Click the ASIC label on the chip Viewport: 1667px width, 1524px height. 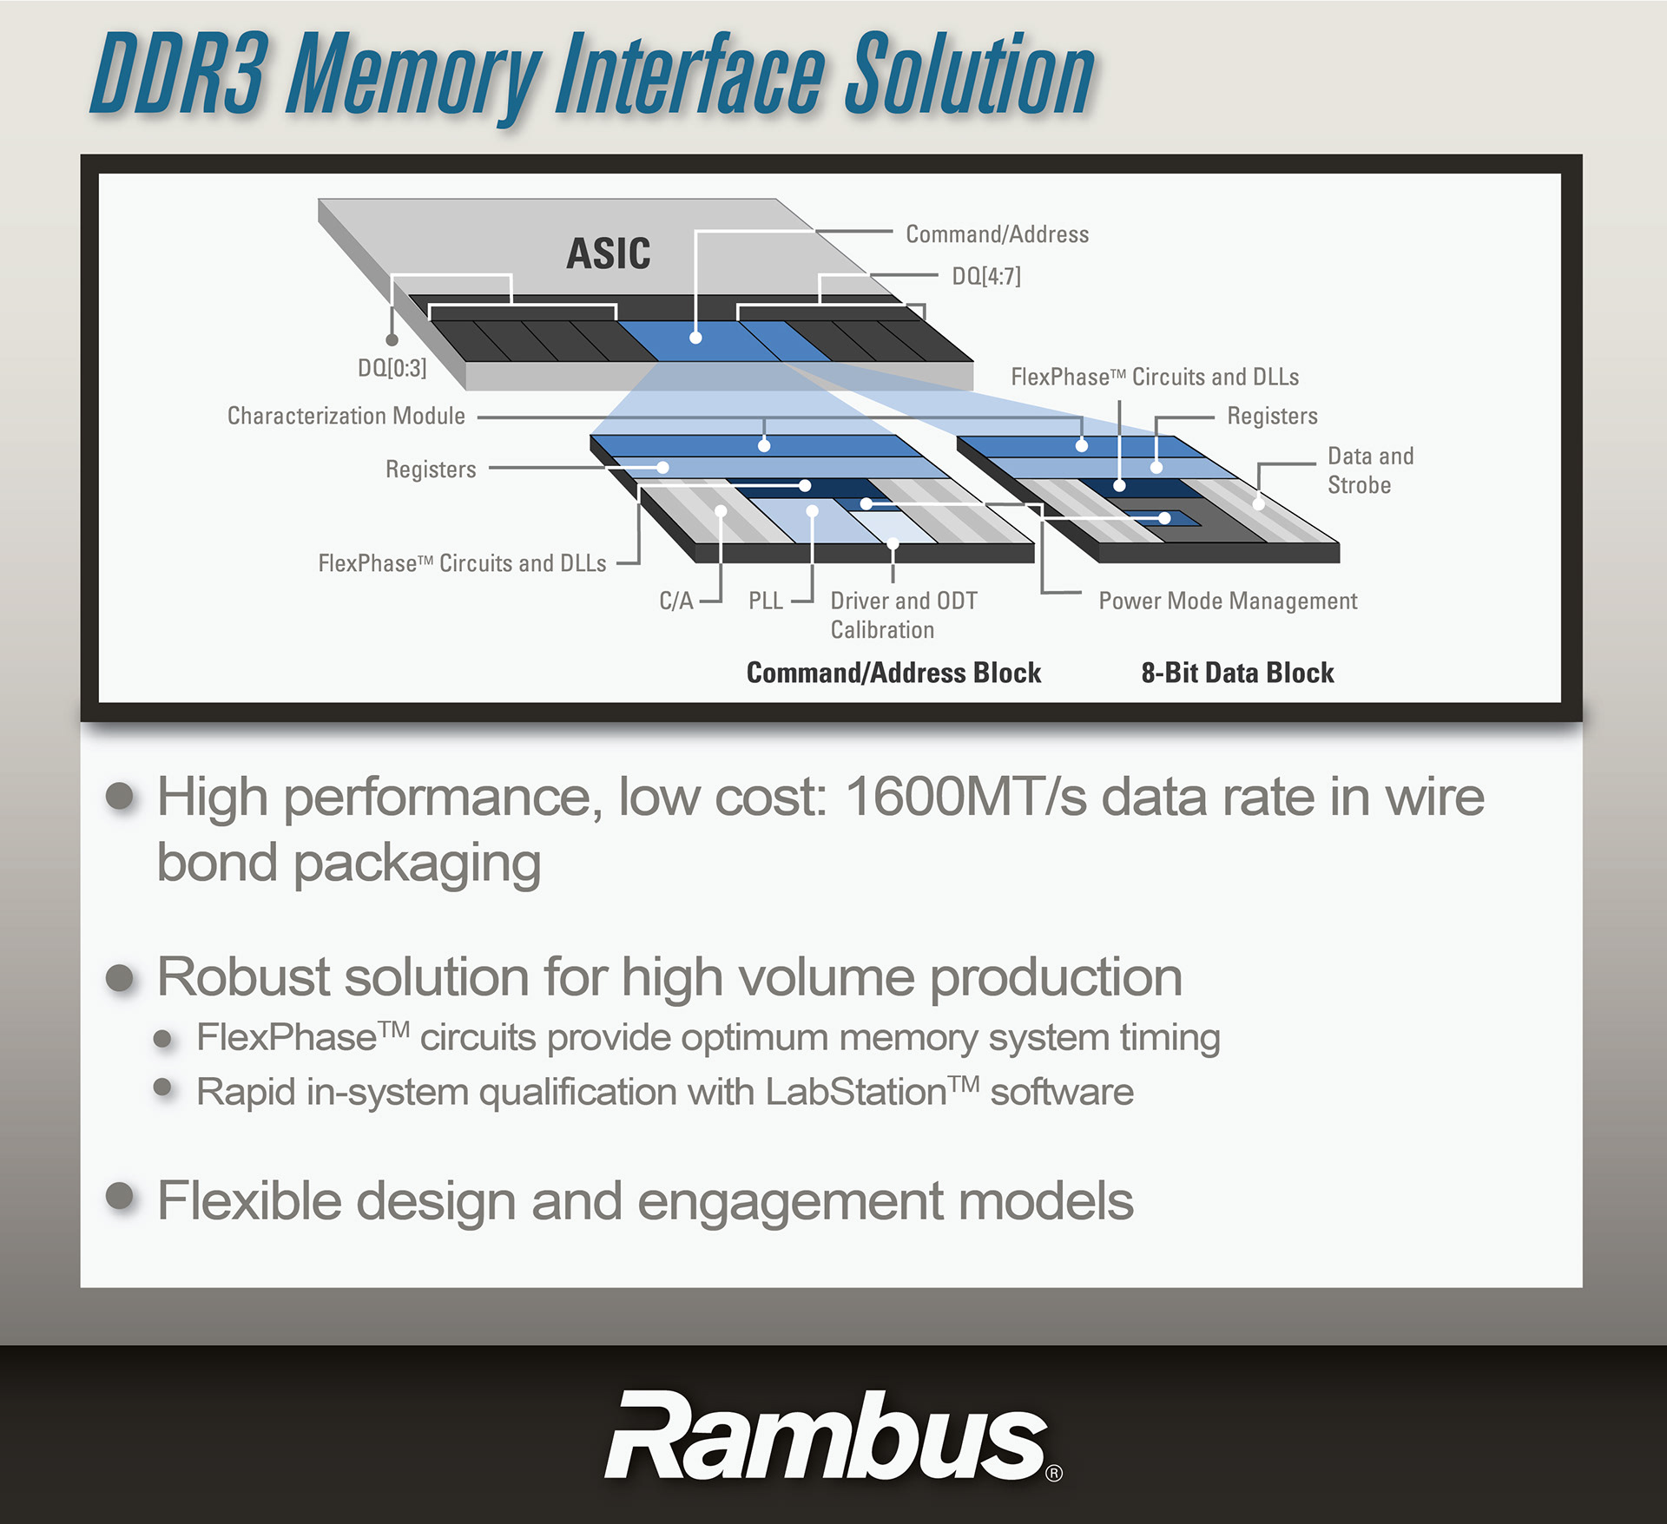click(608, 253)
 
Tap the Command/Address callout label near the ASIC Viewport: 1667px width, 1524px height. click(997, 234)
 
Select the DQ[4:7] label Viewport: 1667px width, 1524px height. click(986, 277)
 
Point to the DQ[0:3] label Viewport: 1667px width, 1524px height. click(392, 368)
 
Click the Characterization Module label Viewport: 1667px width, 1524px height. click(346, 416)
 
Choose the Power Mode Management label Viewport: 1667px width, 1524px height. click(1228, 601)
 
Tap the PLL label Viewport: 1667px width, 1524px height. click(765, 601)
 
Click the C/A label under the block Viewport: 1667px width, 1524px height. click(675, 601)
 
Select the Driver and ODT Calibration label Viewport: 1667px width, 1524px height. click(903, 614)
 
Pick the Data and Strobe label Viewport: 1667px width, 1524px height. click(1370, 470)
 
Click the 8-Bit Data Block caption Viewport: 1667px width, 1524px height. click(1237, 673)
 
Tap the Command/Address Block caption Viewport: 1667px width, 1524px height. click(893, 673)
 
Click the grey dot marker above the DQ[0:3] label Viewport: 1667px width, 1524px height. click(392, 340)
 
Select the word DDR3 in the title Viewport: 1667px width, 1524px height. click(178, 76)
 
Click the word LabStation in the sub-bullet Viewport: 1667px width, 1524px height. click(855, 1092)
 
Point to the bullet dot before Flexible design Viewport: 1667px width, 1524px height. click(120, 1196)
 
